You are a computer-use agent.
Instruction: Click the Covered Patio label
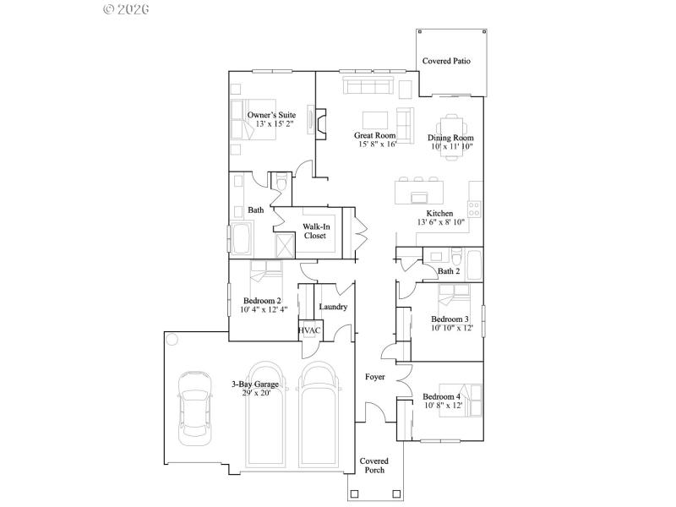(x=446, y=62)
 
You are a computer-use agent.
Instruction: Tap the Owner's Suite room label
(x=272, y=114)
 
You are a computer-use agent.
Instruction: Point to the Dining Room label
(x=450, y=138)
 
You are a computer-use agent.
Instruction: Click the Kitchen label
(x=439, y=214)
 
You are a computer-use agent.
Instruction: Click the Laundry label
(x=333, y=307)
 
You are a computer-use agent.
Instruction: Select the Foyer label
(x=375, y=376)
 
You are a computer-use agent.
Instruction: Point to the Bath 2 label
(x=449, y=271)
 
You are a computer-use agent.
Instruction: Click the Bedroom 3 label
(x=450, y=319)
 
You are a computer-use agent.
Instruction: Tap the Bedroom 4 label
(x=442, y=397)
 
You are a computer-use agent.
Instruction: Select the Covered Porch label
(x=374, y=466)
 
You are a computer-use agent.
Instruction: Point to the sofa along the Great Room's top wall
(x=367, y=86)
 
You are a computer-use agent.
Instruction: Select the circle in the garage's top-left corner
(x=172, y=341)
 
